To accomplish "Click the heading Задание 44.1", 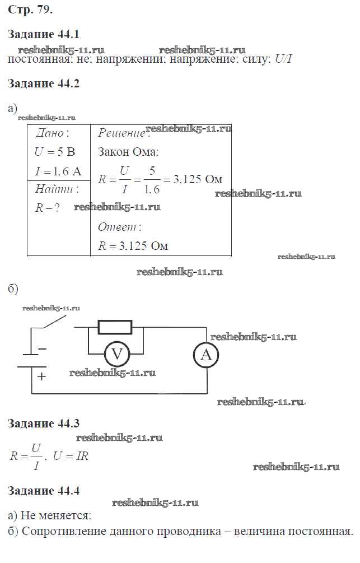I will tap(44, 34).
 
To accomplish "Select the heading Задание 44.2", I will tap(44, 85).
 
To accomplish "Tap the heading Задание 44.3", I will tap(44, 424).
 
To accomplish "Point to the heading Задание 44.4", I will tap(44, 491).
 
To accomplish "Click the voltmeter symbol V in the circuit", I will tap(117, 354).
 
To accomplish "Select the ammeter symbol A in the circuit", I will tap(205, 354).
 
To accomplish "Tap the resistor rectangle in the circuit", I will tap(115, 327).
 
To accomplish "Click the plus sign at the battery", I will tap(41, 376).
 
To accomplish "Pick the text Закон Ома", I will tap(128, 152).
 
